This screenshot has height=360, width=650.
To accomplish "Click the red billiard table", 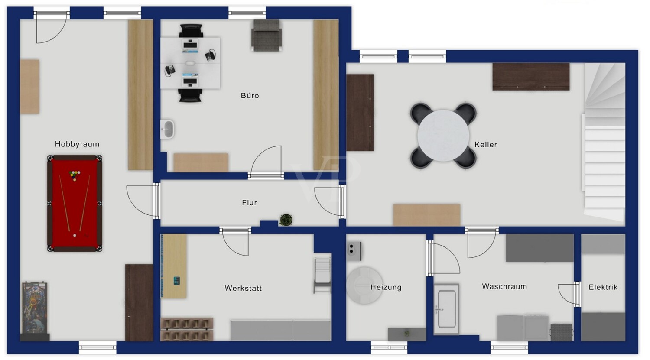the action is tap(75, 203).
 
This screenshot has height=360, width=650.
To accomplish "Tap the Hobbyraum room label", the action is tap(77, 144).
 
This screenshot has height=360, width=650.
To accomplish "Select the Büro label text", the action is tap(250, 95).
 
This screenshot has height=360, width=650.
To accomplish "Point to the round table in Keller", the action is tap(443, 136).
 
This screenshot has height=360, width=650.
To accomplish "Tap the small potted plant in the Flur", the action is tap(286, 220).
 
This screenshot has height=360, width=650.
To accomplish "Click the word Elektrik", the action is tap(603, 287).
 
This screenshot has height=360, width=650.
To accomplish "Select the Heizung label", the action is tap(386, 287).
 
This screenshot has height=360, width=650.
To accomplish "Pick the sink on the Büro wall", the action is tap(167, 129).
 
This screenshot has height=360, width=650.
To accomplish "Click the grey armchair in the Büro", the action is tap(266, 36).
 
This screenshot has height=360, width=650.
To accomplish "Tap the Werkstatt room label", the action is tap(243, 288).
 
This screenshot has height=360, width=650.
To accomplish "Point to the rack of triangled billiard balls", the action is tap(75, 175).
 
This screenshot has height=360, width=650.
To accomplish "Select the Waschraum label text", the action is tap(504, 286).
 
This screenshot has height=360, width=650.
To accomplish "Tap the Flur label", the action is tap(249, 202).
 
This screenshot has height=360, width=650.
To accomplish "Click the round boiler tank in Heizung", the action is tap(364, 285).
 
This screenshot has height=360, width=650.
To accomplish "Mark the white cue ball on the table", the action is tap(75, 235).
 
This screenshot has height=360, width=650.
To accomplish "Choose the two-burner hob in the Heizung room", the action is tap(354, 251).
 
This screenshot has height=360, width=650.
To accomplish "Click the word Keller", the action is tap(485, 144).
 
